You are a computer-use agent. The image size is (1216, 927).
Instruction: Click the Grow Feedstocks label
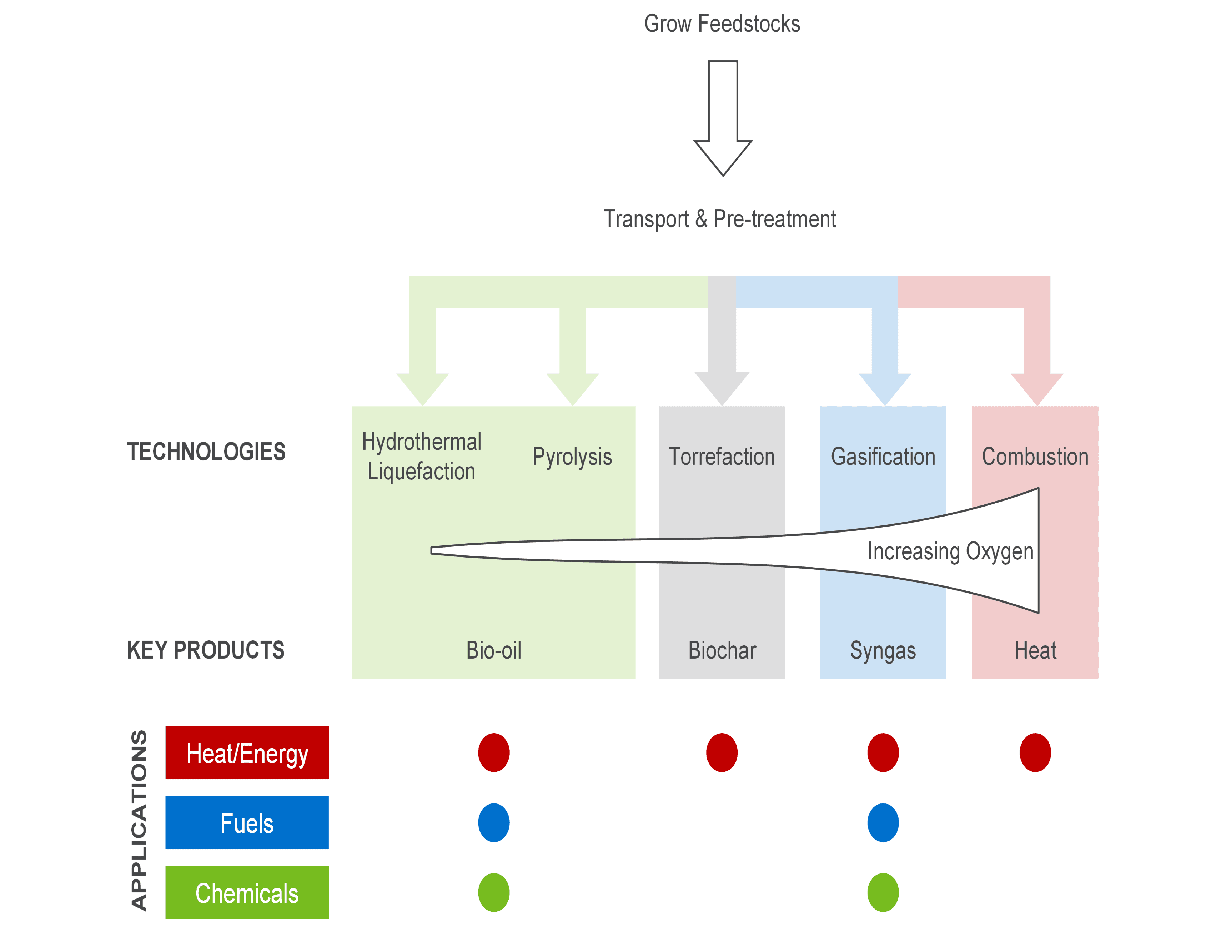[x=722, y=24]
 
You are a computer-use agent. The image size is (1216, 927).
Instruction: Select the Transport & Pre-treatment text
[x=720, y=219]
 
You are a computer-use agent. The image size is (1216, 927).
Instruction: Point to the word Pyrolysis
[x=572, y=457]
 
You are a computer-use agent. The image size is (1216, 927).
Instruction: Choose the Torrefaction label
[x=722, y=457]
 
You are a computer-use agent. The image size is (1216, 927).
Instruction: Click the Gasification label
[x=883, y=457]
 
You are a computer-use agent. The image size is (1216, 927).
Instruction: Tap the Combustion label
[x=1035, y=457]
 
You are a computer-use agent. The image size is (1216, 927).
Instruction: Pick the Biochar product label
[x=722, y=650]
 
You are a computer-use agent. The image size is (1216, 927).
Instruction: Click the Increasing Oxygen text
[x=950, y=551]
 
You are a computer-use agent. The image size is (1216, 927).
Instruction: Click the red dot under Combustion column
[x=1035, y=753]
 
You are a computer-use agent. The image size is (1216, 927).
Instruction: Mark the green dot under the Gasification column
[x=883, y=893]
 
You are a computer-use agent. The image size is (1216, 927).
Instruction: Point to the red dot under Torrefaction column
[x=722, y=753]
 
